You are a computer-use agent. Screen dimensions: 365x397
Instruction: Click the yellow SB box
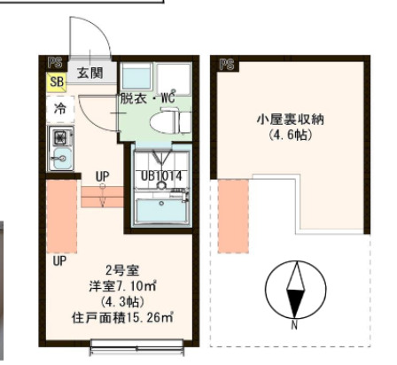[x=56, y=83]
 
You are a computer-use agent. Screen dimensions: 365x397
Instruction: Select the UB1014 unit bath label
[x=161, y=175]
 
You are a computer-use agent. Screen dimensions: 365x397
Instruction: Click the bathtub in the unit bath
[x=161, y=212]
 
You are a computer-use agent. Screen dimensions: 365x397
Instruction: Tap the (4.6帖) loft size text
[x=286, y=137]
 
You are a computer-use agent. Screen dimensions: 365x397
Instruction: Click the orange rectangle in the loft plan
[x=231, y=214]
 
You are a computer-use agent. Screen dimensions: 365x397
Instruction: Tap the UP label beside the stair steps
[x=102, y=176]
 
